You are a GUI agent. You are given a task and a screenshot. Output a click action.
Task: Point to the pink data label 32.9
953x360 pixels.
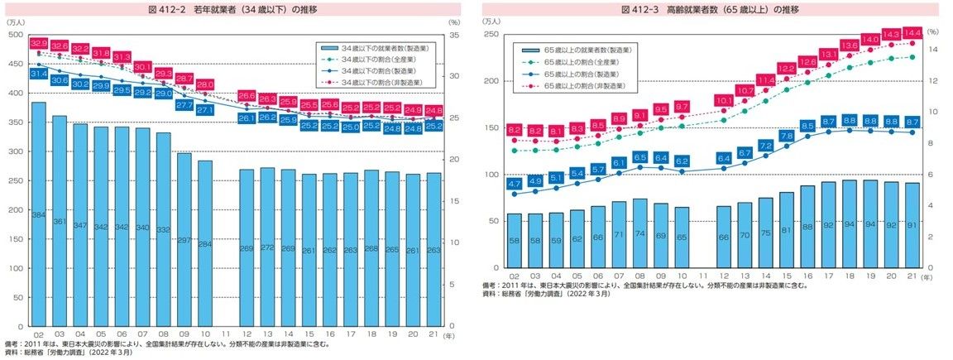point(38,42)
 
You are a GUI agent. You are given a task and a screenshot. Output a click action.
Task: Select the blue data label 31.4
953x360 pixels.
point(38,74)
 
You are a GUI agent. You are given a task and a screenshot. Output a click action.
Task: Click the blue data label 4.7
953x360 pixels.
point(514,184)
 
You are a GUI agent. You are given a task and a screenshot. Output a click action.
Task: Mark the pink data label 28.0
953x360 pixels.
point(204,84)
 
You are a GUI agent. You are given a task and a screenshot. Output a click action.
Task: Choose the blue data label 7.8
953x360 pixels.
point(786,136)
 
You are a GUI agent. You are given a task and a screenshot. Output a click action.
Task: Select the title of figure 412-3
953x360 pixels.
point(711,9)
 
